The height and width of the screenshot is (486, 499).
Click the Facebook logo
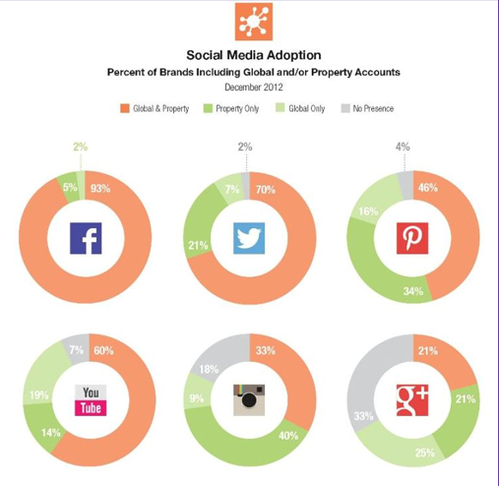(x=86, y=238)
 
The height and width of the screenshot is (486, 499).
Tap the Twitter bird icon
(x=249, y=238)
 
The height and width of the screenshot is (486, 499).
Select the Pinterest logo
(x=412, y=238)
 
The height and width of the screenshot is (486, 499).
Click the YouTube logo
(x=91, y=400)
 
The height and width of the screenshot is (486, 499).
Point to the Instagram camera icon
(x=249, y=400)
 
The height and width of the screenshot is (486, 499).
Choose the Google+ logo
(x=412, y=400)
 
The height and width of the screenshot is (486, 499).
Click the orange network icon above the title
(x=254, y=22)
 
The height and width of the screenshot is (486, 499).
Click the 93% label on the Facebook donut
(x=100, y=189)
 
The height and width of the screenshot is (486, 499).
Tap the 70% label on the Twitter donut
(x=266, y=190)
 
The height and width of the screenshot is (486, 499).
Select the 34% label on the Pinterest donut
(x=413, y=291)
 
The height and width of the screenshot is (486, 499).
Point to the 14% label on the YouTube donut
(x=51, y=433)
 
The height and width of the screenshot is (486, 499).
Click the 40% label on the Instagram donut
(x=288, y=436)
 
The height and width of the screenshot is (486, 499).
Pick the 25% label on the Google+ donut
(x=425, y=453)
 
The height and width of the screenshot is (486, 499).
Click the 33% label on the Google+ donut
(x=363, y=416)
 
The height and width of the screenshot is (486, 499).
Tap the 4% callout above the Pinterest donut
(x=403, y=147)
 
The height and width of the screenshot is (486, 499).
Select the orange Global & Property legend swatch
(x=125, y=108)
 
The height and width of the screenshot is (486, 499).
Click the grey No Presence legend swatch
(x=345, y=108)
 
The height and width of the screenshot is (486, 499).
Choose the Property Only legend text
(x=237, y=108)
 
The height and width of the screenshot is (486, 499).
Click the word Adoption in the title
(x=293, y=55)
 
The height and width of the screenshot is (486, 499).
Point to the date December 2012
(x=254, y=88)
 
